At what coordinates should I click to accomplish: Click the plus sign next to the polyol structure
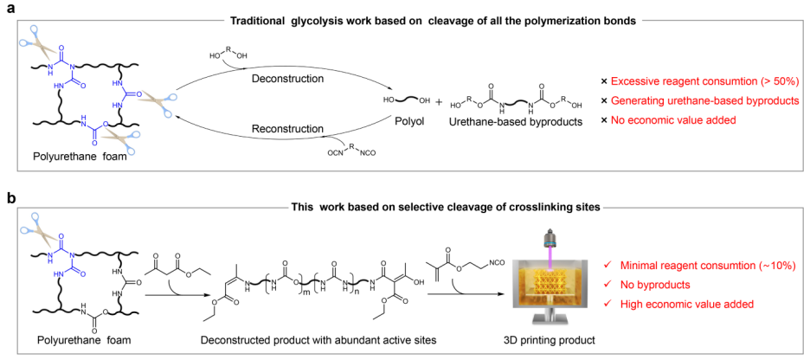click(438, 102)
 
